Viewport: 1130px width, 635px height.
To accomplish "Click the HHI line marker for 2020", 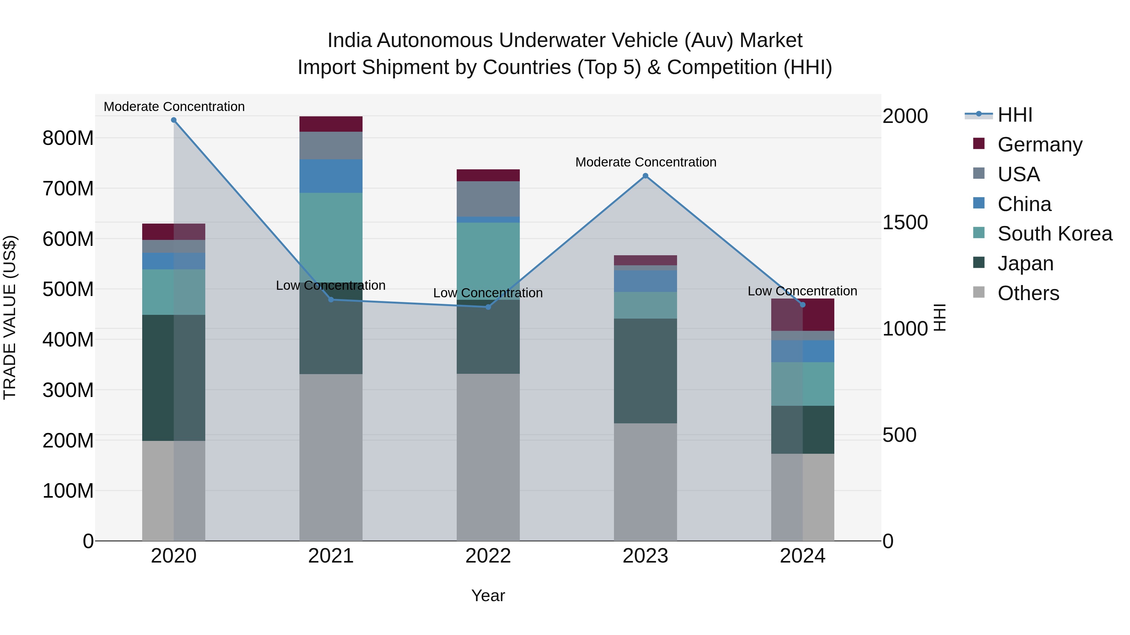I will pos(174,120).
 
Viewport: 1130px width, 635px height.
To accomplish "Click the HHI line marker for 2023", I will pos(645,176).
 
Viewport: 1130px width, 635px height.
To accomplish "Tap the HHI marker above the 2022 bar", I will pos(488,307).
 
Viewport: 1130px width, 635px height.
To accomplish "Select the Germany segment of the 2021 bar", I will pos(331,124).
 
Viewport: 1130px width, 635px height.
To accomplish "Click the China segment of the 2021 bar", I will pos(331,176).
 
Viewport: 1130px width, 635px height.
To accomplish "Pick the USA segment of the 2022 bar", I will pos(488,198).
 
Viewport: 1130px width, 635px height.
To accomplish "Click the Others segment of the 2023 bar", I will pos(645,482).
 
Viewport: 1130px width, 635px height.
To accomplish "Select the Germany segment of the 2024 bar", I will pos(803,315).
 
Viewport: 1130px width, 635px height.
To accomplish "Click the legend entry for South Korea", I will pos(1055,234).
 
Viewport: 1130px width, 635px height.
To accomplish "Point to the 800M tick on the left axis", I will pos(68,138).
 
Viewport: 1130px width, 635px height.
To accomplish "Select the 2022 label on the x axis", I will pos(488,556).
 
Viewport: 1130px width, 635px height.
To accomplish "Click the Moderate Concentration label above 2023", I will pos(646,162).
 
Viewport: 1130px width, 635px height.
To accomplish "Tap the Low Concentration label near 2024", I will pos(802,291).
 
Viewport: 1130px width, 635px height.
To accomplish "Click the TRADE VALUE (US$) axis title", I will pos(10,317).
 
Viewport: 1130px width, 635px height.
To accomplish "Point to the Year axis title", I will pos(488,596).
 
